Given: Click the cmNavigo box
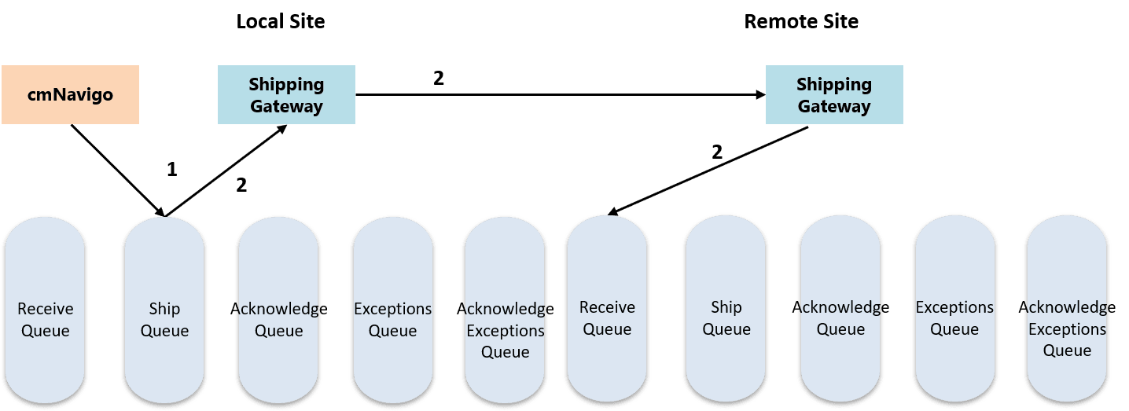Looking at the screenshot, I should click(70, 95).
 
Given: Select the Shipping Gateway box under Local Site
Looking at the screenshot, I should click(286, 95).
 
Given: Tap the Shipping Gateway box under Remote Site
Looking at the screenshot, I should click(834, 95).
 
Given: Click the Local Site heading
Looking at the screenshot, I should click(281, 21).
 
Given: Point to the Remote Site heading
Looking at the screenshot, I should click(801, 21).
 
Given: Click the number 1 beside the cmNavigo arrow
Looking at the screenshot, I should click(172, 169).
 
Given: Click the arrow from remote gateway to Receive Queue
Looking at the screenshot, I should click(708, 170).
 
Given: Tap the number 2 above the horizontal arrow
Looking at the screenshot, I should click(439, 79).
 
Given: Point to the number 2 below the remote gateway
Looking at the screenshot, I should click(716, 152).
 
